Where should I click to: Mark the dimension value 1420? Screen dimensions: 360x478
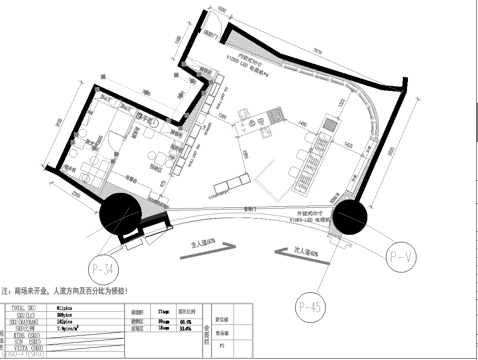coord(369,145)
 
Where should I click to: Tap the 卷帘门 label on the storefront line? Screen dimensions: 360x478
coord(250,209)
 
